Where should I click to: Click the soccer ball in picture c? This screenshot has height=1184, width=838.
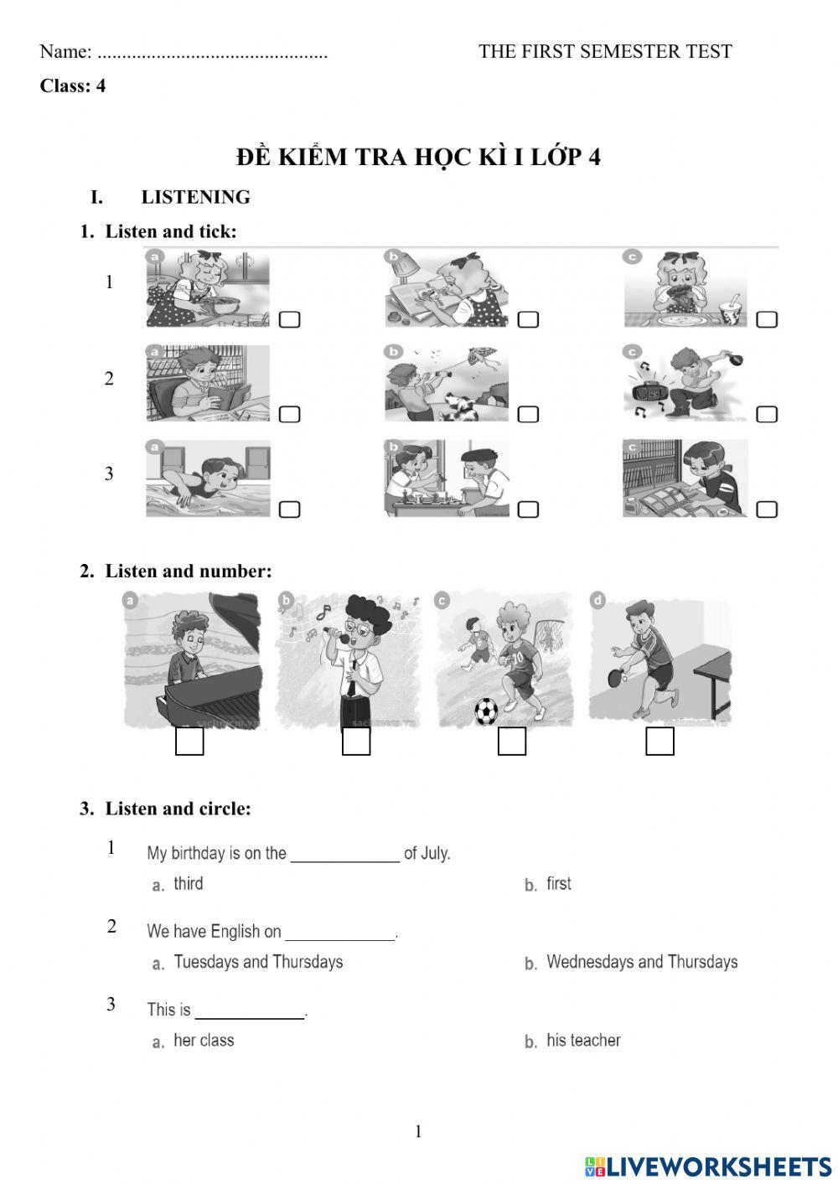pyautogui.click(x=486, y=711)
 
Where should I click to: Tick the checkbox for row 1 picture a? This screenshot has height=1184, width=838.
pyautogui.click(x=289, y=319)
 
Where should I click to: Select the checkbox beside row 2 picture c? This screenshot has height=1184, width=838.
pyautogui.click(x=767, y=414)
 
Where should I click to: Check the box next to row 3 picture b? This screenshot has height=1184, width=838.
pyautogui.click(x=528, y=509)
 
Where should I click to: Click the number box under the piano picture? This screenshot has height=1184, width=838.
pyautogui.click(x=189, y=742)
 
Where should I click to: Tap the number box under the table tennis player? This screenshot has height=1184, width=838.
pyautogui.click(x=660, y=742)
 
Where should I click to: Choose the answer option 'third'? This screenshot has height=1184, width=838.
pyautogui.click(x=188, y=884)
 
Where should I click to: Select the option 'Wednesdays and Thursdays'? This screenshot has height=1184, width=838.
pyautogui.click(x=641, y=962)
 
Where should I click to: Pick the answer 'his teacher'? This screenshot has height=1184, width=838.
pyautogui.click(x=583, y=1041)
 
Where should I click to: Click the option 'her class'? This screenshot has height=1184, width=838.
pyautogui.click(x=204, y=1041)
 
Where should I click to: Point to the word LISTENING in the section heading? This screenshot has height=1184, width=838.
pyautogui.click(x=195, y=197)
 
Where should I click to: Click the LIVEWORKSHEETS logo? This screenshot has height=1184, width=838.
pyautogui.click(x=708, y=1166)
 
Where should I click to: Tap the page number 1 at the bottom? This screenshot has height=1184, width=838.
pyautogui.click(x=418, y=1132)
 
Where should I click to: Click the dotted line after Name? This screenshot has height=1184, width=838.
pyautogui.click(x=212, y=53)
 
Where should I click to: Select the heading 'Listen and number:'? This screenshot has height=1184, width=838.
pyautogui.click(x=188, y=571)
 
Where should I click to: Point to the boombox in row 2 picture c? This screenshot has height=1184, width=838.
pyautogui.click(x=647, y=390)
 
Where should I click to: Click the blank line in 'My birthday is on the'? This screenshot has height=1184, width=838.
pyautogui.click(x=344, y=855)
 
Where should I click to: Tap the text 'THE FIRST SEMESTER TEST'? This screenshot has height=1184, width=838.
pyautogui.click(x=605, y=51)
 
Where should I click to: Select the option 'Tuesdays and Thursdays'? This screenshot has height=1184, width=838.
pyautogui.click(x=258, y=962)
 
